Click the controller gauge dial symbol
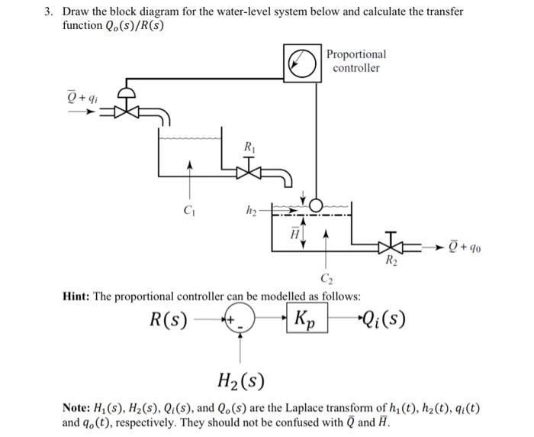(302, 63)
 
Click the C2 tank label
(327, 277)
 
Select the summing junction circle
(243, 319)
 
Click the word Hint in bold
(79, 296)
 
